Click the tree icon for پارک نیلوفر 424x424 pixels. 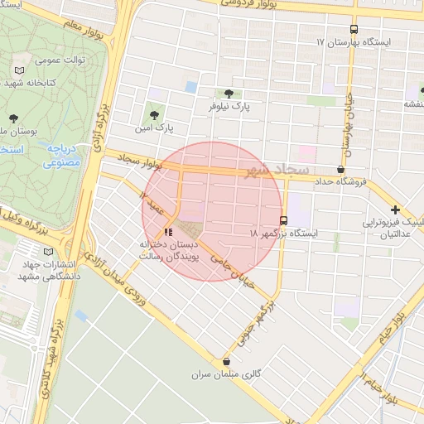(x=229, y=94)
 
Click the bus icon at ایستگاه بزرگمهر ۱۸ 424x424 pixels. (x=284, y=221)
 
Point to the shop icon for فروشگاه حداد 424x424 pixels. (x=341, y=169)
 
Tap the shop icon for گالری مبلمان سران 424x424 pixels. (x=227, y=361)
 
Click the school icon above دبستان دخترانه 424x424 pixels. (x=169, y=232)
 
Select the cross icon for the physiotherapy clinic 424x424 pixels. (x=396, y=210)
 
